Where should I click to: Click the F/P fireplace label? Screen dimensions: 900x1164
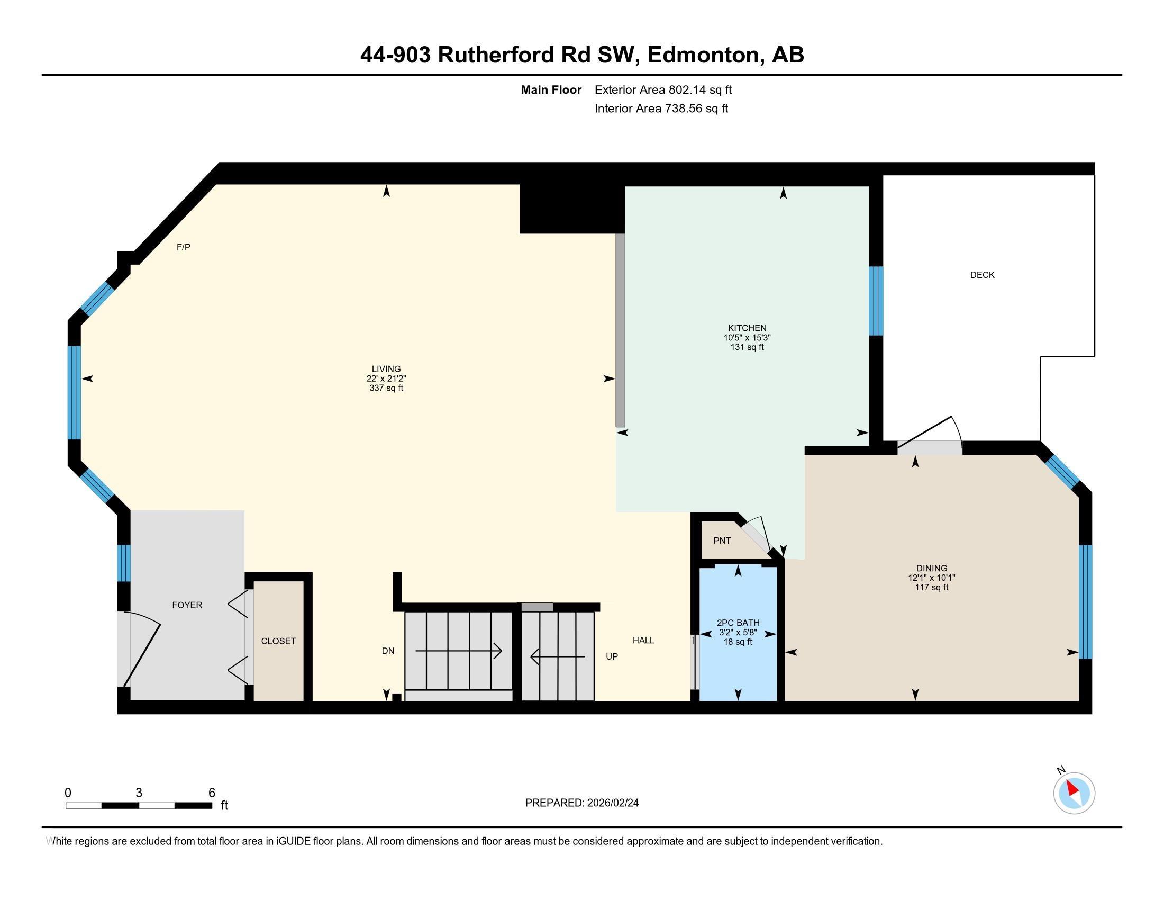(184, 247)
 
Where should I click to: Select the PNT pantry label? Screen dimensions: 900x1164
(722, 541)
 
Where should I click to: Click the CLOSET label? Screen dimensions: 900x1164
(278, 641)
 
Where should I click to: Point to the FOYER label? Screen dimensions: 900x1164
(187, 605)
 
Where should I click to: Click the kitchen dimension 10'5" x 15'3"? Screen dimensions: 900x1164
(747, 338)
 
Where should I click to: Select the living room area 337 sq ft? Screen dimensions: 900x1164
(386, 388)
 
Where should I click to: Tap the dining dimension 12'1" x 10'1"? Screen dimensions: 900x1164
(932, 578)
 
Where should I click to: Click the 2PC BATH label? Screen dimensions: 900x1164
(738, 623)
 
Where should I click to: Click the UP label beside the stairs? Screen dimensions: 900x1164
(611, 657)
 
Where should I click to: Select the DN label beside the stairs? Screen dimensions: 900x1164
(388, 651)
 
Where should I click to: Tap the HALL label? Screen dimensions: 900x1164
(643, 641)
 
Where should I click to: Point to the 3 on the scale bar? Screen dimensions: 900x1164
(139, 793)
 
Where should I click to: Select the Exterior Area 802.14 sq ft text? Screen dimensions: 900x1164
(663, 90)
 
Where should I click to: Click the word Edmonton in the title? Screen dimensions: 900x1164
(703, 55)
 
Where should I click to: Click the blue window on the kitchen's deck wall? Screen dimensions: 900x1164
(876, 301)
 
